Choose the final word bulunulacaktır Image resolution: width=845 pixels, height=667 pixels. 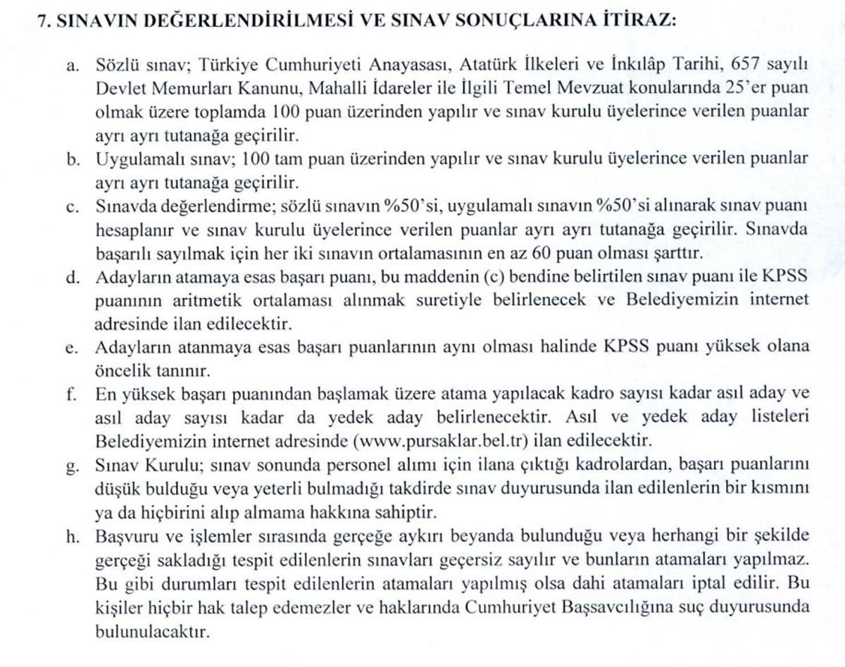click(x=152, y=631)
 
